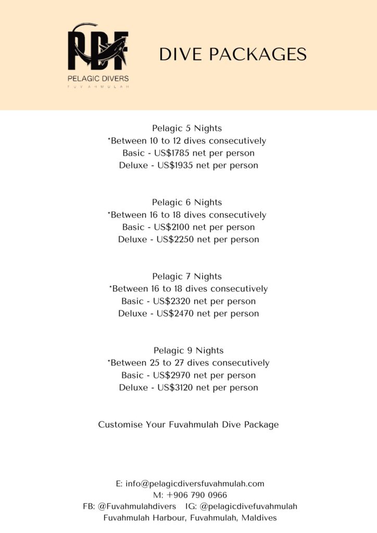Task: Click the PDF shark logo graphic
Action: coord(98,49)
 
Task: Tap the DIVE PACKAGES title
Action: coord(233,55)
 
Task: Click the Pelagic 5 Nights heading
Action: coord(187,128)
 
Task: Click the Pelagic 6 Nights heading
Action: coord(187,202)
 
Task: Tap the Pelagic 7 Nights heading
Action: coord(187,276)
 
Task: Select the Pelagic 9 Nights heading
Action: coord(188,350)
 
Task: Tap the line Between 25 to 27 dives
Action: coord(188,363)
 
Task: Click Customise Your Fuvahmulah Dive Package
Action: coord(188,425)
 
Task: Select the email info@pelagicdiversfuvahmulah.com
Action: coord(195,484)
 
